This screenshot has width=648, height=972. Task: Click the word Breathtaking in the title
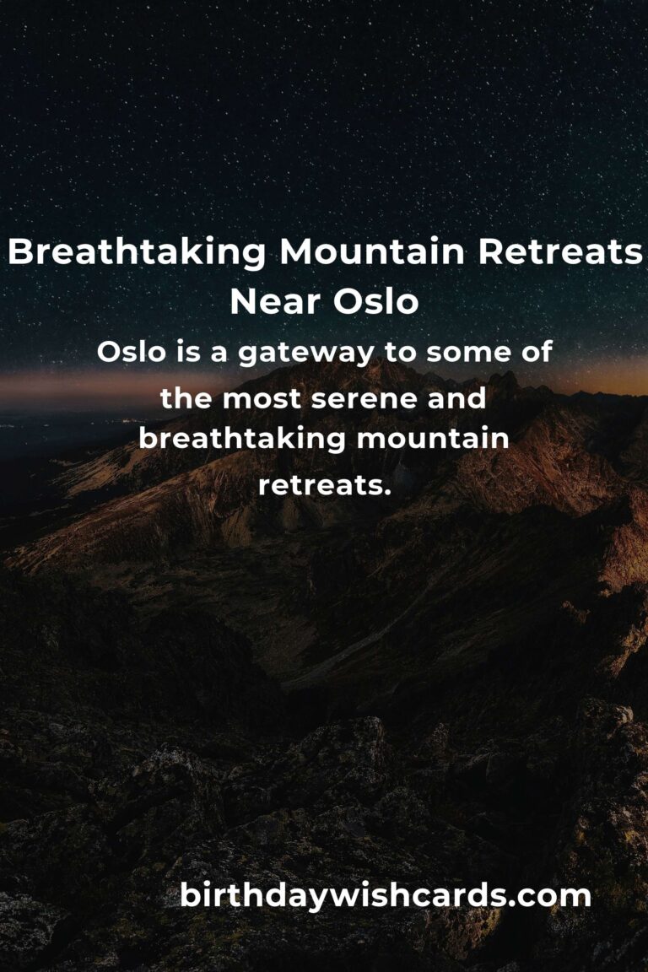pyautogui.click(x=137, y=253)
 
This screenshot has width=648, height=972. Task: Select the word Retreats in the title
pyautogui.click(x=560, y=251)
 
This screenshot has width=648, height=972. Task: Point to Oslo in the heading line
pyautogui.click(x=376, y=302)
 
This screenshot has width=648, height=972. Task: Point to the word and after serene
pyautogui.click(x=456, y=398)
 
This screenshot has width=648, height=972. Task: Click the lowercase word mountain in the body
pyautogui.click(x=433, y=439)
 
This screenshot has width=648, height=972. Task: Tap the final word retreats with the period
pyautogui.click(x=325, y=485)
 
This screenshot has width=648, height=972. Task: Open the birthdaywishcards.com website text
pyautogui.click(x=385, y=896)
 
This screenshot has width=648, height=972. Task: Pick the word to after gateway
pyautogui.click(x=400, y=353)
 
